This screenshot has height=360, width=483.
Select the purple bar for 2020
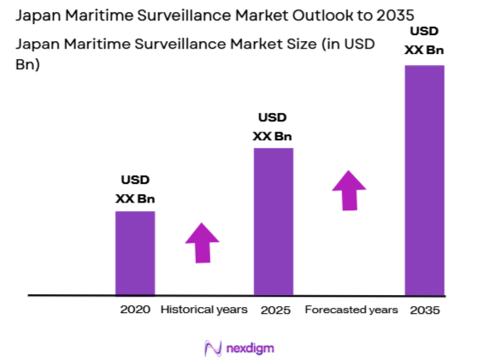pyautogui.click(x=135, y=252)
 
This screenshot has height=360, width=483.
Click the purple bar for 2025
pyautogui.click(x=274, y=221)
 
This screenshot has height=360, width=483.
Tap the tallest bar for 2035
pyautogui.click(x=424, y=180)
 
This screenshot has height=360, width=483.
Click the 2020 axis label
pyautogui.click(x=135, y=309)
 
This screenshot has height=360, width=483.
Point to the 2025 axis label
pyautogui.click(x=274, y=309)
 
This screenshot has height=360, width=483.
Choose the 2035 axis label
pyautogui.click(x=425, y=310)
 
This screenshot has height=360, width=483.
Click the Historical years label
pyautogui.click(x=204, y=309)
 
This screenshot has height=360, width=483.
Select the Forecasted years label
pyautogui.click(x=351, y=309)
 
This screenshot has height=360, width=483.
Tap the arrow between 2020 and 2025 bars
pyautogui.click(x=203, y=243)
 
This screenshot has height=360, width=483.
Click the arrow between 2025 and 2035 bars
pyautogui.click(x=349, y=190)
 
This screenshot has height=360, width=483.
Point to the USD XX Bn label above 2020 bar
pyautogui.click(x=135, y=189)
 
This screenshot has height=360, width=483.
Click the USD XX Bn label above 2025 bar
pyautogui.click(x=273, y=127)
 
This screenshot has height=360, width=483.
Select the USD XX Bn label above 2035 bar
pyautogui.click(x=424, y=42)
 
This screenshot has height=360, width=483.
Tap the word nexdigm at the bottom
pyautogui.click(x=251, y=348)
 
